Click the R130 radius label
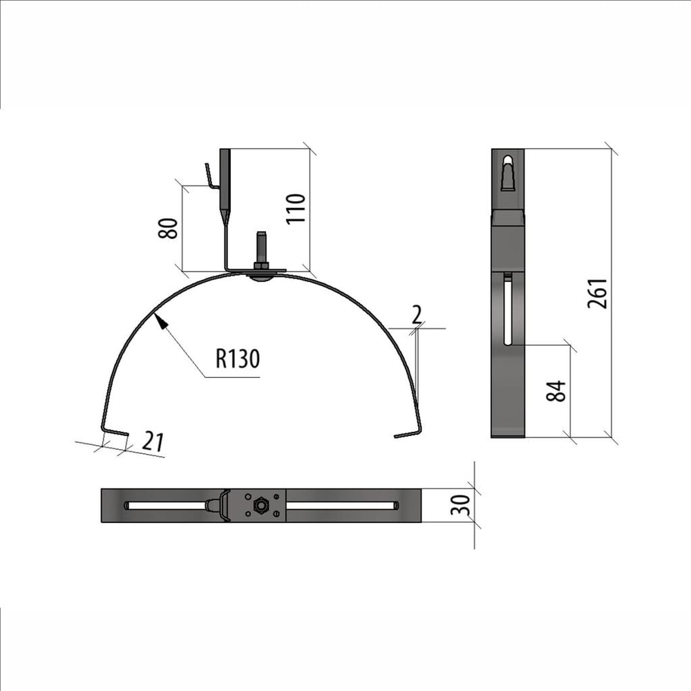tap(238, 358)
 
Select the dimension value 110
tap(296, 209)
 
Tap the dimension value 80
tap(168, 228)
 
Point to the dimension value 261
tap(598, 294)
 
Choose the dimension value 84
tap(556, 391)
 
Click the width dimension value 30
tap(460, 505)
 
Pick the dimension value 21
tap(153, 442)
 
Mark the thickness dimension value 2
tap(417, 314)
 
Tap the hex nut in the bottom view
tap(261, 505)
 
